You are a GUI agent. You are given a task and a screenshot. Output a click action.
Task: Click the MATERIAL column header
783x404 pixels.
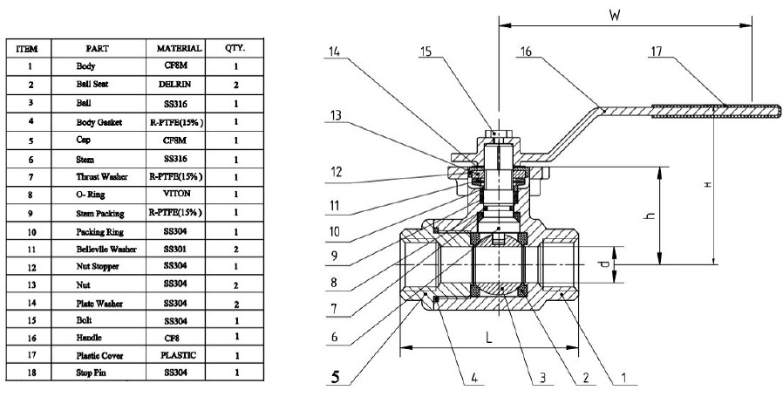click(179, 48)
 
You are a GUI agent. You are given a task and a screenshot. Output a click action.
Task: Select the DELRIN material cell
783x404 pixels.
click(179, 85)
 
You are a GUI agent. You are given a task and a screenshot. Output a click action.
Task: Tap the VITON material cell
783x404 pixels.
click(179, 195)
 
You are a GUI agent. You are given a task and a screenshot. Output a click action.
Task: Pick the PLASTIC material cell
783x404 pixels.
click(179, 354)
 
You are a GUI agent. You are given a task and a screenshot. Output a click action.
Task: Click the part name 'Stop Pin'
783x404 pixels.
click(92, 373)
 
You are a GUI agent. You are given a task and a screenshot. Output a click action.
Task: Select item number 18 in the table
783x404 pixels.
click(31, 373)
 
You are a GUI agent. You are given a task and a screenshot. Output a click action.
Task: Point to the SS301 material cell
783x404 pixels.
click(179, 249)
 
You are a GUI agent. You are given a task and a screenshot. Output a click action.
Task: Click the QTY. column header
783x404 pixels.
click(235, 48)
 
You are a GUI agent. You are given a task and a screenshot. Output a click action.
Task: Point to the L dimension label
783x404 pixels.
click(489, 336)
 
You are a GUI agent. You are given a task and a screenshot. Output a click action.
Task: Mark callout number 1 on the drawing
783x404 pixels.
click(625, 379)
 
